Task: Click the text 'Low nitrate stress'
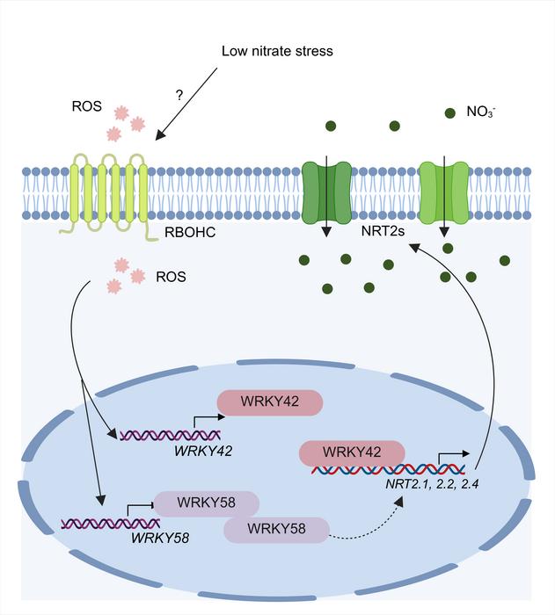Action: (277, 51)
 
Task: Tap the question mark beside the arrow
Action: (179, 94)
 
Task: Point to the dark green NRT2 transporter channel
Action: (325, 190)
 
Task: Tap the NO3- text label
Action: (481, 112)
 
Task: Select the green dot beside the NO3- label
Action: (449, 112)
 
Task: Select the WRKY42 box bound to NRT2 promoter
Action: (351, 452)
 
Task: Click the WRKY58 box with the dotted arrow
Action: (276, 530)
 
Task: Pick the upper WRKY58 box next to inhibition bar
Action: (207, 504)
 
